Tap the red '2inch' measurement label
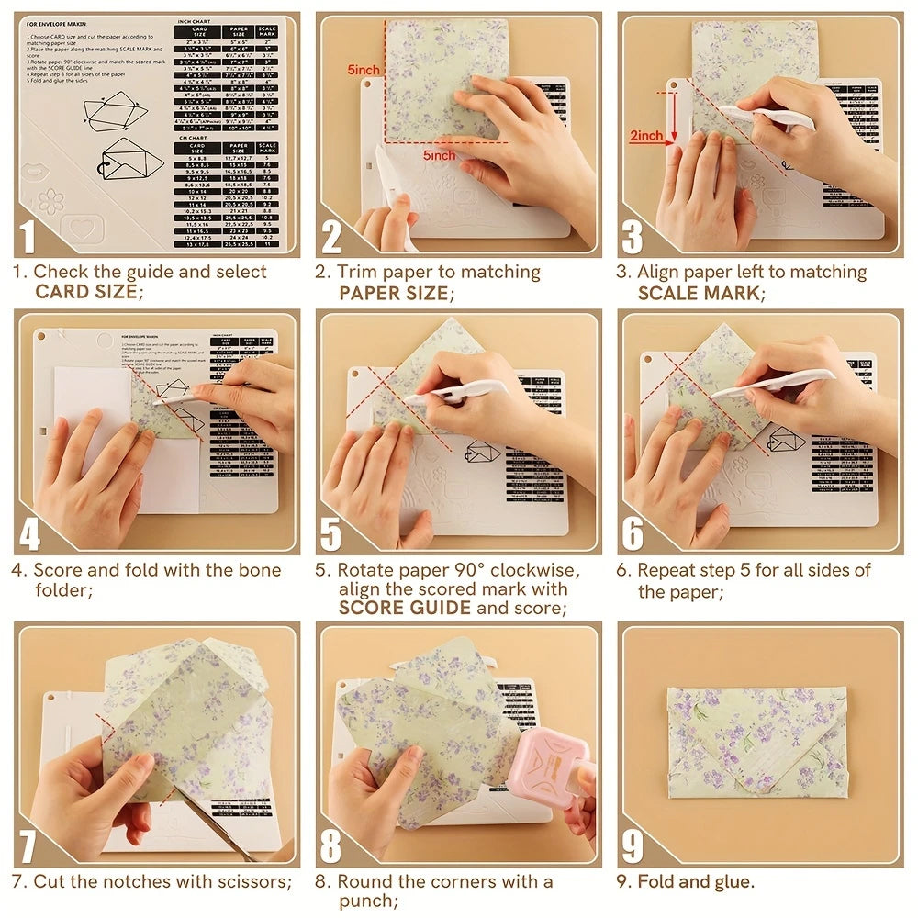pyautogui.click(x=645, y=135)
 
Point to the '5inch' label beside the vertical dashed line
pyautogui.click(x=364, y=70)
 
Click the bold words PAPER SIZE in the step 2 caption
pyautogui.click(x=394, y=293)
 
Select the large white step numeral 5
pyautogui.click(x=331, y=534)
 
